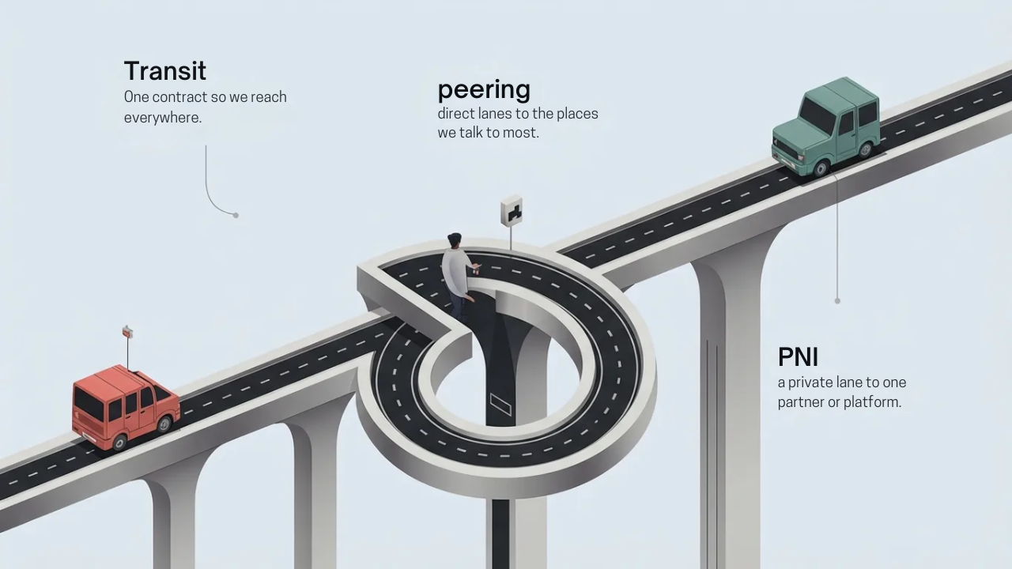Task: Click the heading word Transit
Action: (165, 71)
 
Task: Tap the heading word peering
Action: (484, 89)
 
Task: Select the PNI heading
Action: (798, 357)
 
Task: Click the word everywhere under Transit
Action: (162, 118)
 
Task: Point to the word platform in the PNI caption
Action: (871, 402)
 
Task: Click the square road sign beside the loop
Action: (512, 211)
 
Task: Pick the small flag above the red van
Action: (127, 332)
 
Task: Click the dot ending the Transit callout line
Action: (236, 215)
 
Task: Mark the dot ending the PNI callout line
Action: (837, 300)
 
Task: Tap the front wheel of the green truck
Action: (821, 168)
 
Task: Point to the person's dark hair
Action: (455, 239)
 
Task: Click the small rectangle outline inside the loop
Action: (500, 404)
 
